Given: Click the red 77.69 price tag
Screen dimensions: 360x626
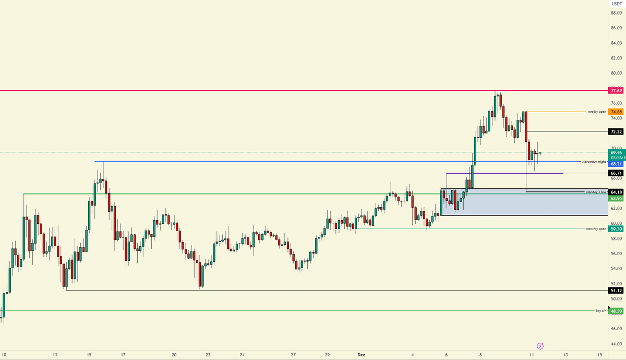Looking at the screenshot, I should click(x=616, y=91).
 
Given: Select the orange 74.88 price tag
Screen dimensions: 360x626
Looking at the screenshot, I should click(x=616, y=112).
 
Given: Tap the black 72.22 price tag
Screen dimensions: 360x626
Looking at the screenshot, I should click(x=616, y=131).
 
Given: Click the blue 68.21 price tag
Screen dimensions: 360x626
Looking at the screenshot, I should click(x=616, y=164).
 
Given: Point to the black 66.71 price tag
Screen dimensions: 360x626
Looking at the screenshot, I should click(x=616, y=173).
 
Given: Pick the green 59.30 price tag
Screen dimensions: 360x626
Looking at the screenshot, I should click(x=616, y=229).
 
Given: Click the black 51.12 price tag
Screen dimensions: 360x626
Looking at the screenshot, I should click(x=616, y=290).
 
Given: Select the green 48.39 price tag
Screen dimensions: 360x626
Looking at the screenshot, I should click(x=616, y=311).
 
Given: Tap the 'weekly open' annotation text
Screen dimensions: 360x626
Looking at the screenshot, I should click(x=597, y=112).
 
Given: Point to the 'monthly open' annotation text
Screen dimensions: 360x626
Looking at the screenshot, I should click(x=596, y=229).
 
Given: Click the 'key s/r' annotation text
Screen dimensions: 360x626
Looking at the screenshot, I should click(x=600, y=311).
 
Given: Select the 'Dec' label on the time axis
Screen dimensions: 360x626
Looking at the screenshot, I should click(x=361, y=355).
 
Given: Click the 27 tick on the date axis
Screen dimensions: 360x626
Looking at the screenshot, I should click(x=294, y=355).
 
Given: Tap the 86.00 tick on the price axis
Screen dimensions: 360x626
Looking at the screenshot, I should click(x=616, y=28).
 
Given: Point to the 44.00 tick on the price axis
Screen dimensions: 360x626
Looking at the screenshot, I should click(x=616, y=344).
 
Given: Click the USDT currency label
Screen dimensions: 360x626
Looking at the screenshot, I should click(x=616, y=4).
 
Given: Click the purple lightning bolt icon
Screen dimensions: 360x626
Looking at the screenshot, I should click(x=540, y=345).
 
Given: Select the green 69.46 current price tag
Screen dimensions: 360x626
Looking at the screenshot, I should click(x=616, y=152).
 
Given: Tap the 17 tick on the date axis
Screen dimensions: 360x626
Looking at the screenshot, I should click(x=123, y=355).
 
